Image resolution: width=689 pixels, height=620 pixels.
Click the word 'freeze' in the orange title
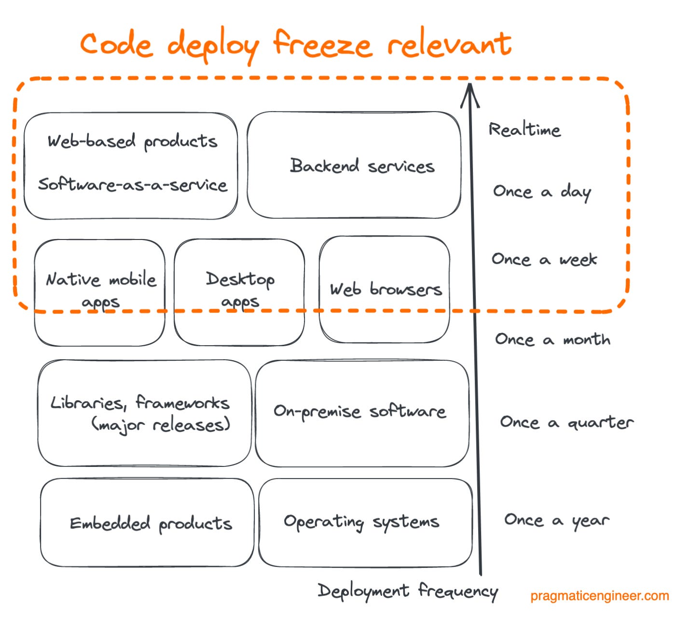point(322,44)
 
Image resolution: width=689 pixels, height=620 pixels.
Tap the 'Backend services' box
point(354,165)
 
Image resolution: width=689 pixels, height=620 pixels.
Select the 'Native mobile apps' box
point(100,292)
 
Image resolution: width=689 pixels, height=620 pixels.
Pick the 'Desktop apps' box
point(239,292)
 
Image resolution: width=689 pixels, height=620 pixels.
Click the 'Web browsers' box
point(385,289)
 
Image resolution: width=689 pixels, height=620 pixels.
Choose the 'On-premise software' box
point(362,413)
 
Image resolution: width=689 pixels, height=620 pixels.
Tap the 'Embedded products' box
point(147,522)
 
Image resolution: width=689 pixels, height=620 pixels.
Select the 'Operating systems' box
point(365,522)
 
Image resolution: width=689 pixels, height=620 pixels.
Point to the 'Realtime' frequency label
point(524,129)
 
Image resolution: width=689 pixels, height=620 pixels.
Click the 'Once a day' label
point(541,192)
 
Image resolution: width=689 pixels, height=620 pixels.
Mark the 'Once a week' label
point(544,259)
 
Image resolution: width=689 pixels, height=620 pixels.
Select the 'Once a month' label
point(552,339)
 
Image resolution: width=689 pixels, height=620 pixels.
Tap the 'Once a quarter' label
point(566,423)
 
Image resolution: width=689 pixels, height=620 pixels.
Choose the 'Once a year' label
point(556,521)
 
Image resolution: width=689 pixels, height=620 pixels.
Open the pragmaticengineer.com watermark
point(599,596)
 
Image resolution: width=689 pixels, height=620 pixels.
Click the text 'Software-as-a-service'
point(133,184)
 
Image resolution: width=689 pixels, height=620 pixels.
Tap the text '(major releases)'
point(161,425)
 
